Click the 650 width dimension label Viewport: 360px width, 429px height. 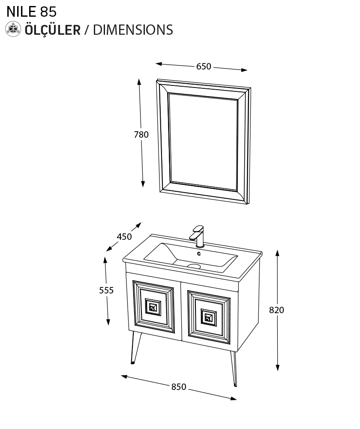click(204, 66)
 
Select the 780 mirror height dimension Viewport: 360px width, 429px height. click(141, 135)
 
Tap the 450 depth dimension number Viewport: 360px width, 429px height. click(124, 237)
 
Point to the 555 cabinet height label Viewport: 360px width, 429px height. click(106, 290)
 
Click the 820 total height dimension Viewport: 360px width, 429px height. click(276, 310)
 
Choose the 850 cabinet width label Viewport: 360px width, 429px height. click(179, 387)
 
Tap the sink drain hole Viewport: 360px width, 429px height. click(194, 266)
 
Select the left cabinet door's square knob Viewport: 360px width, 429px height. click(153, 307)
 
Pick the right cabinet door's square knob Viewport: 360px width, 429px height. click(209, 317)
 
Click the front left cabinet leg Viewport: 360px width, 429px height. click(135, 348)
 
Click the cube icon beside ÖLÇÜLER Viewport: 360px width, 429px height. click(13, 29)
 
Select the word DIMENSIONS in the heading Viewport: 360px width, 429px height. click(133, 30)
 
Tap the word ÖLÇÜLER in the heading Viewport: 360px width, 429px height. click(53, 29)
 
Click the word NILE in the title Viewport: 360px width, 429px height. click(21, 12)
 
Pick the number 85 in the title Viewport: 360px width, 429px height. click(48, 12)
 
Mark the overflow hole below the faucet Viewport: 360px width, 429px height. click(199, 254)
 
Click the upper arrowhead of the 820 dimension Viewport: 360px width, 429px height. click(277, 253)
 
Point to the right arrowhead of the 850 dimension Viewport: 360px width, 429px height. click(234, 399)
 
